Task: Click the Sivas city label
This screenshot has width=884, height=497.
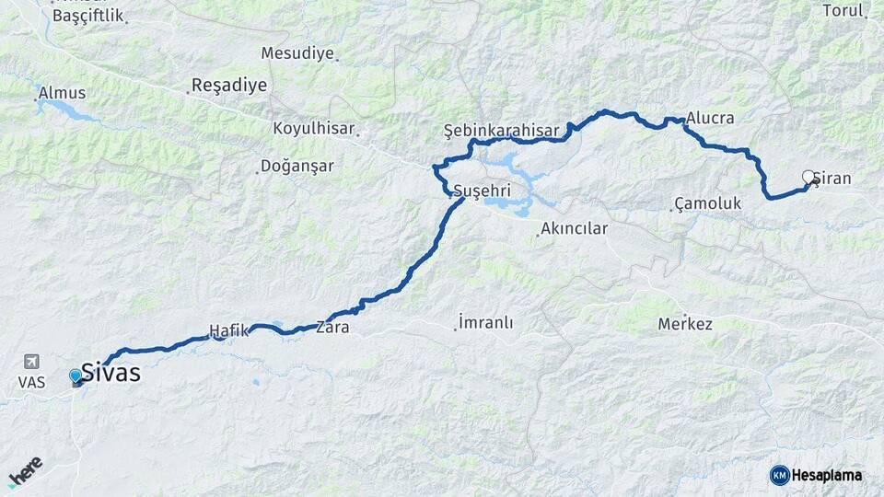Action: (110, 373)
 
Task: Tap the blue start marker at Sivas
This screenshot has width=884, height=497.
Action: (76, 376)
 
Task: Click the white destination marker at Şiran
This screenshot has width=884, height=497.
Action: (808, 177)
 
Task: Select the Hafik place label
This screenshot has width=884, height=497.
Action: (229, 329)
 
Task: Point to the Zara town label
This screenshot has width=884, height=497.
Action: (332, 327)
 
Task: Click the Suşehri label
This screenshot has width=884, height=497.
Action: (482, 191)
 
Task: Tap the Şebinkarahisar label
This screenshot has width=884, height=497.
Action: (501, 131)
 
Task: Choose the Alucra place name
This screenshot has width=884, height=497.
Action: (710, 119)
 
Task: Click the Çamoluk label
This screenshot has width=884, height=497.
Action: (707, 202)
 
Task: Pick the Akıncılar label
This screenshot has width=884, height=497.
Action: (574, 228)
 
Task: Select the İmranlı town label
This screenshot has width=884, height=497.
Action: (485, 323)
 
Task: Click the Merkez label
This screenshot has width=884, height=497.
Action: (685, 325)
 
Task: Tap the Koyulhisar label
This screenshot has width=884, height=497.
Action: (313, 129)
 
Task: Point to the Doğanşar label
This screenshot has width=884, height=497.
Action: (297, 167)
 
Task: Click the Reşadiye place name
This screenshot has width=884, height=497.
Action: (228, 86)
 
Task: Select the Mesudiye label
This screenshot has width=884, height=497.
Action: (297, 53)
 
